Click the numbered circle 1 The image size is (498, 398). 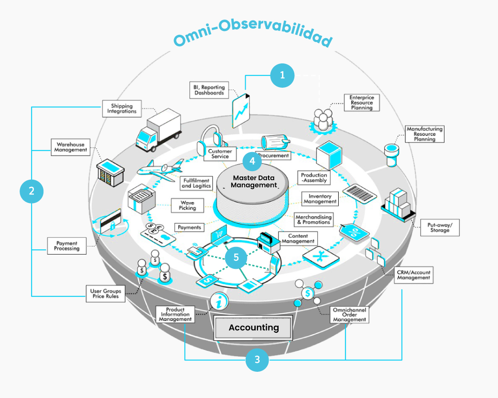click(282, 75)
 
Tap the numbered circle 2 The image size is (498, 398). click(31, 192)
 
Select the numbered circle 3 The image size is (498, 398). click(258, 359)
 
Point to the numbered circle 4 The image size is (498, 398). click(252, 161)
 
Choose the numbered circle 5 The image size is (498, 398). click(236, 257)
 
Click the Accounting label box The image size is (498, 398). click(253, 327)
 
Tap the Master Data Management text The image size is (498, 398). click(254, 182)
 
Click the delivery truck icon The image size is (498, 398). click(157, 129)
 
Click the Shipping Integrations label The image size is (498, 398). click(122, 109)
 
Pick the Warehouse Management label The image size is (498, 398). click(71, 147)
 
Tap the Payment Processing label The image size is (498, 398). click(67, 245)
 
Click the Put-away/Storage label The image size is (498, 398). click(439, 227)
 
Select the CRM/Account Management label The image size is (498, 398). click(414, 275)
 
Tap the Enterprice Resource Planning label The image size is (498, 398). click(362, 102)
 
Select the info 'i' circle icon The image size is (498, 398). click(218, 302)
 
